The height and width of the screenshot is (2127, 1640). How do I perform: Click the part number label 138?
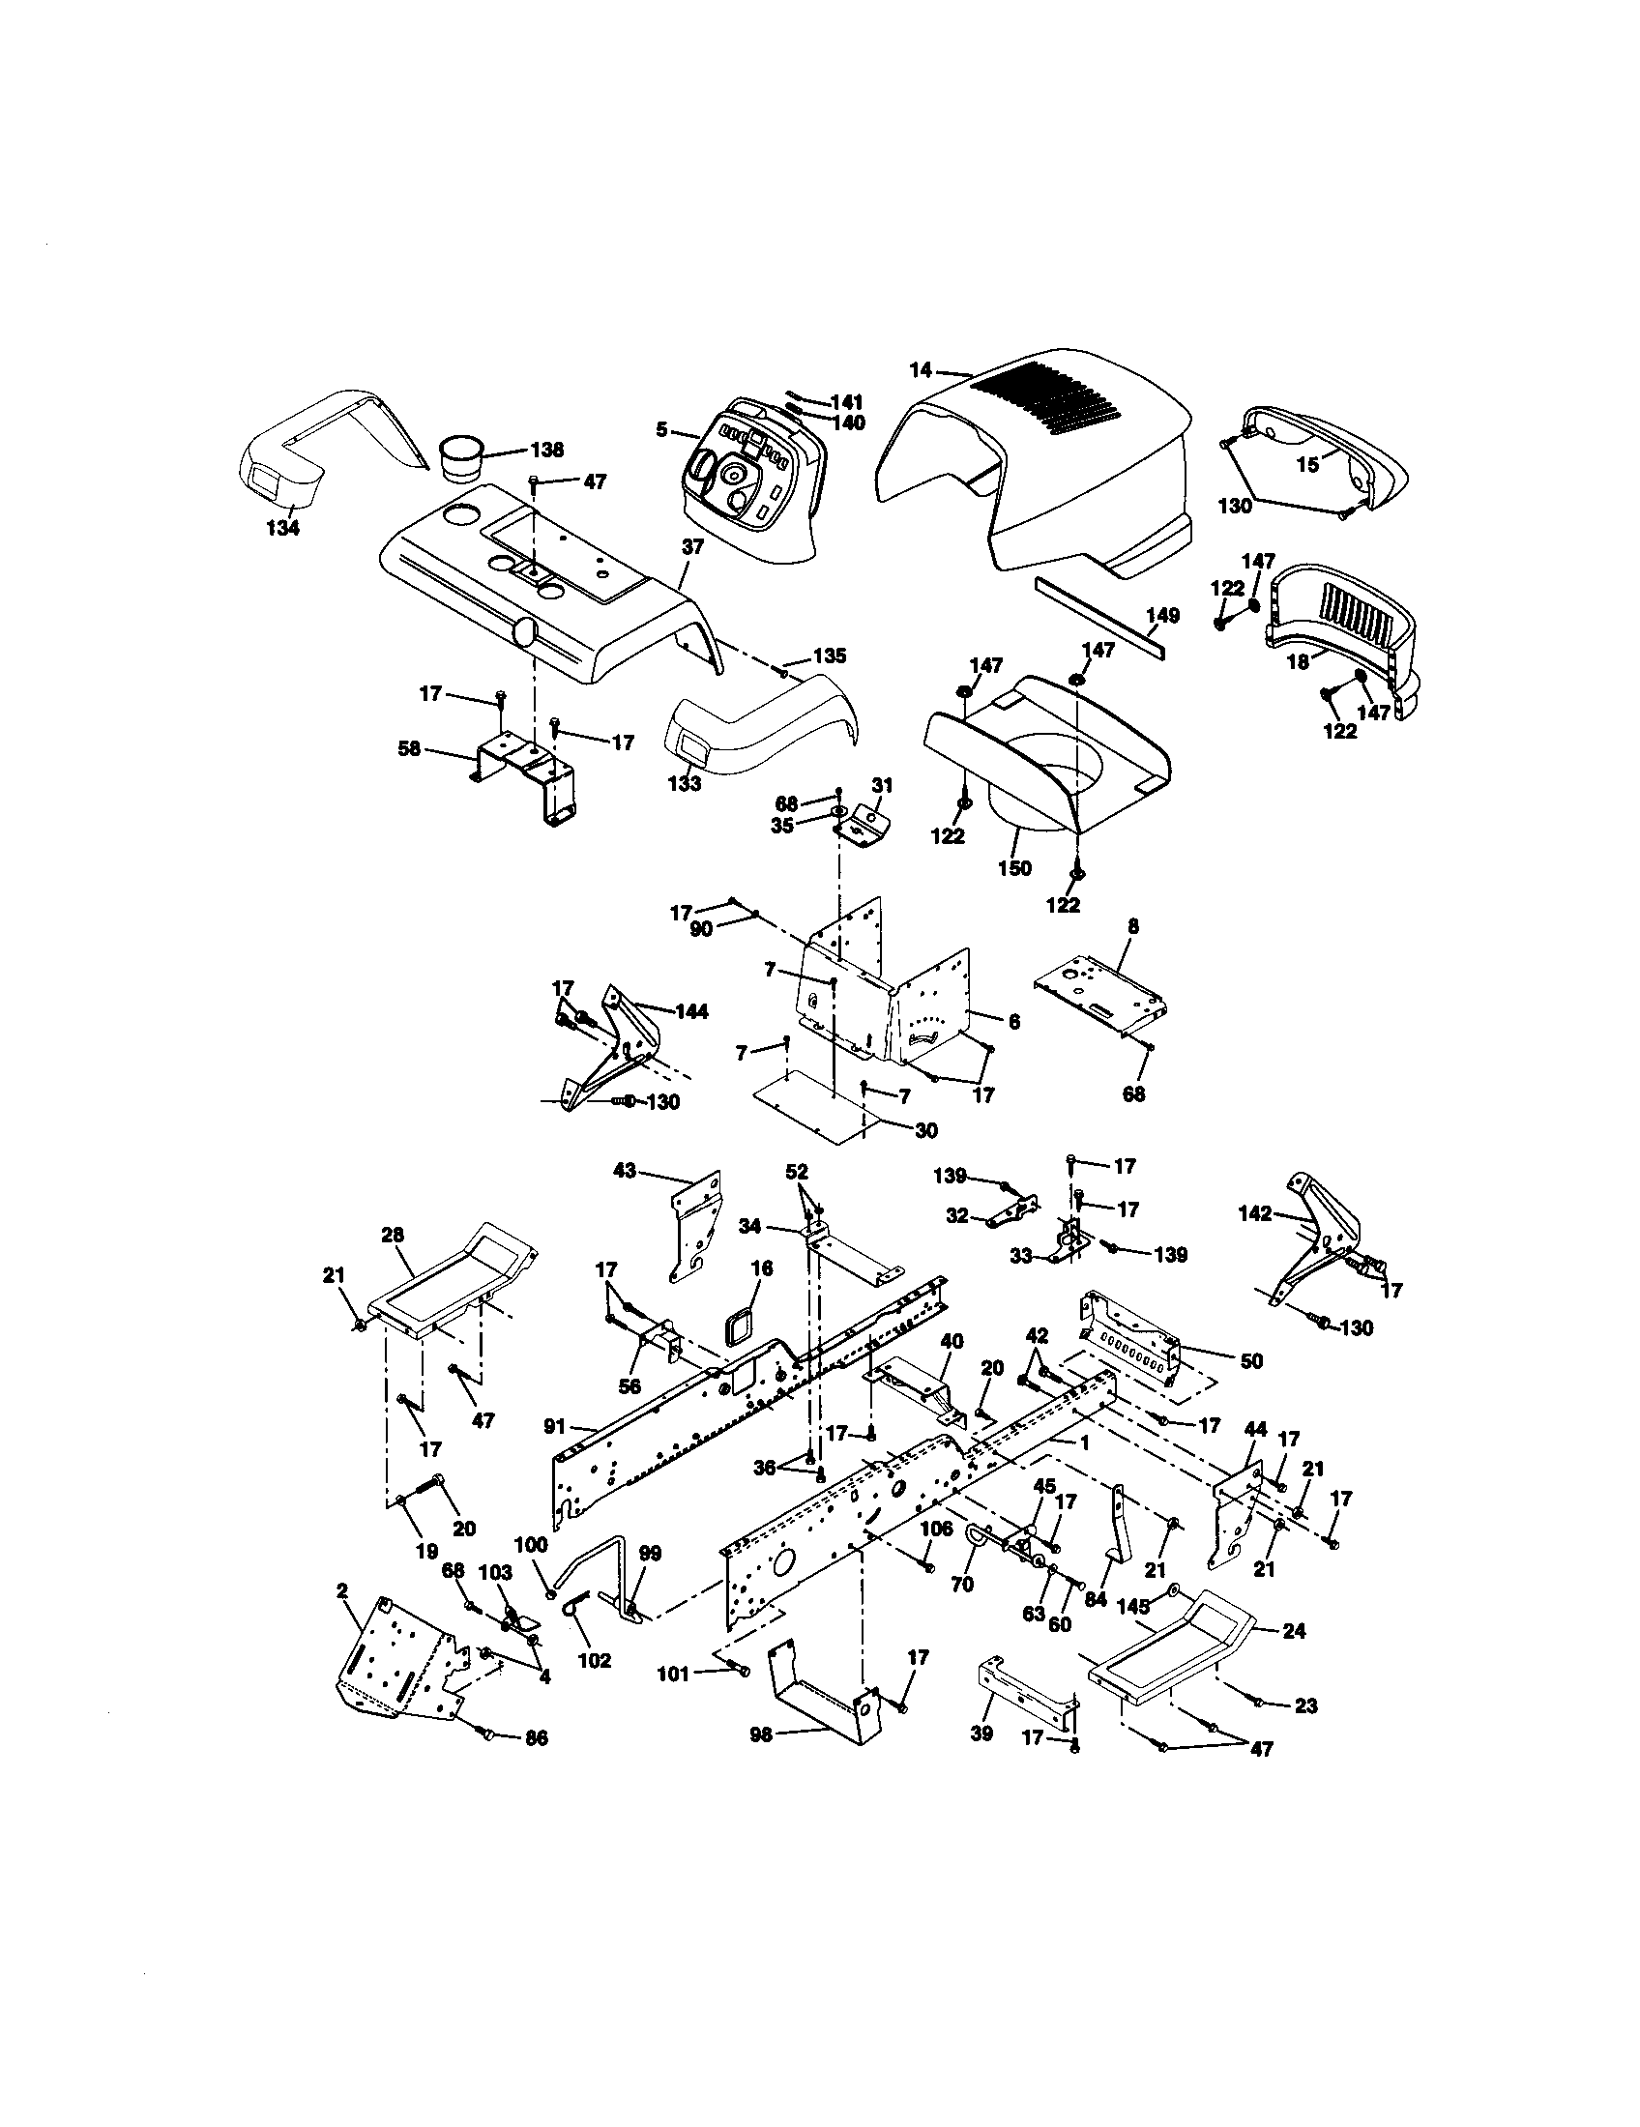546,450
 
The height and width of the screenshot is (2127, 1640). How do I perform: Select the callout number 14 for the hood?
921,370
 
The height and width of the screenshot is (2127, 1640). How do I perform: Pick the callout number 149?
1163,615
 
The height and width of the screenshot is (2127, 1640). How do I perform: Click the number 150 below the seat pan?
1014,868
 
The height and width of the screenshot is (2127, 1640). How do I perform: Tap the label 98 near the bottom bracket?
762,1734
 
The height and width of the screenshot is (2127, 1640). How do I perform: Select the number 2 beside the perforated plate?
342,1590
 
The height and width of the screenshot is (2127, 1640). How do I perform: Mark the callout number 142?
1255,1213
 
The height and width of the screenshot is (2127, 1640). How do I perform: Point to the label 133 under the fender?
685,783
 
